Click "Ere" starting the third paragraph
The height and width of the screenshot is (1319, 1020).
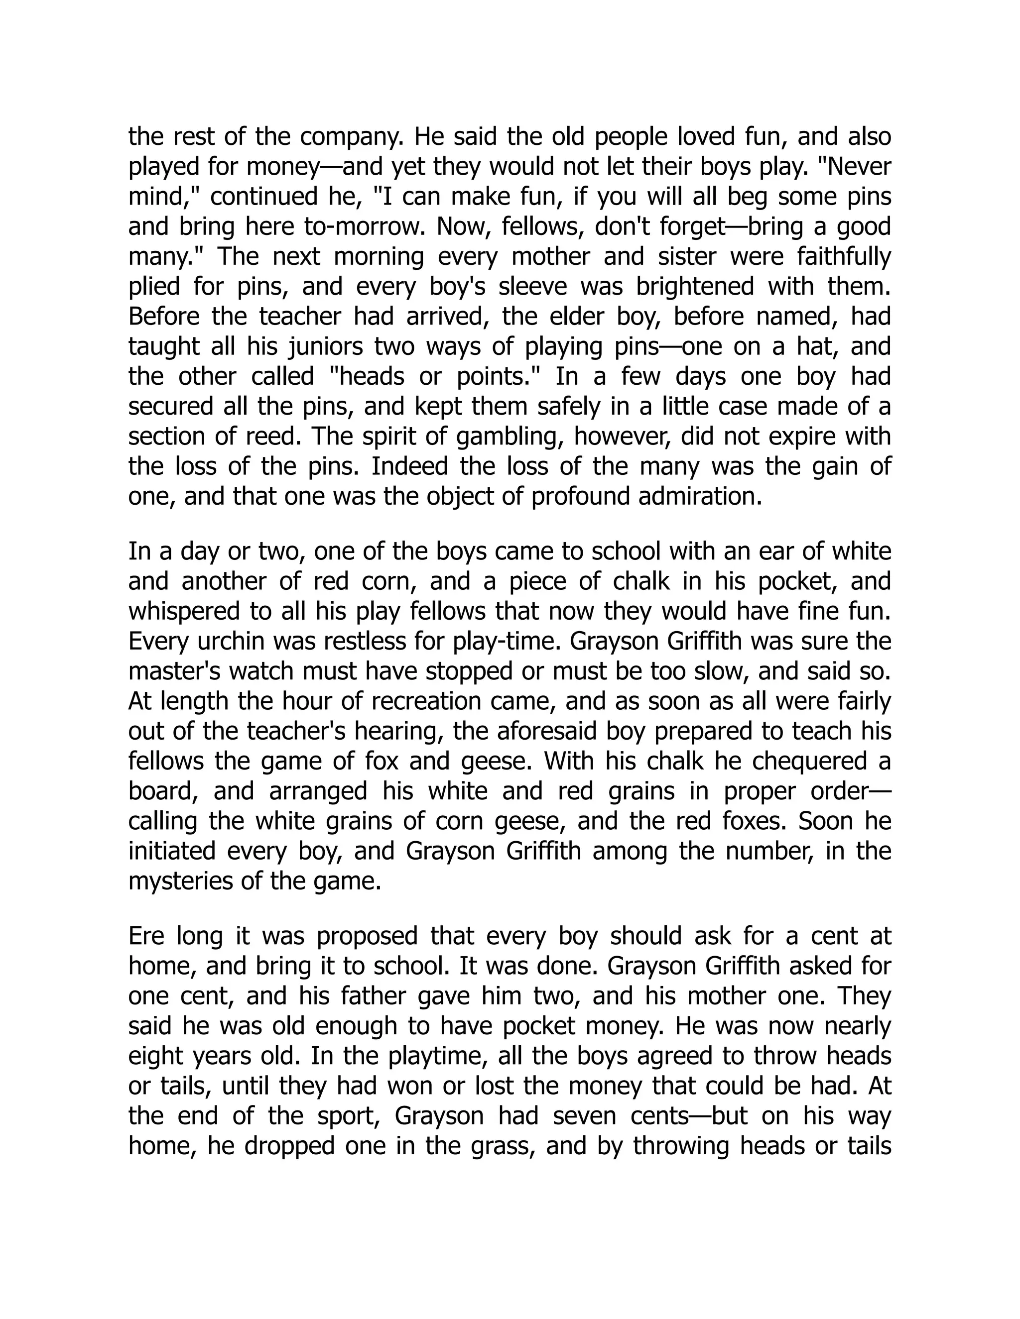coord(145,936)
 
